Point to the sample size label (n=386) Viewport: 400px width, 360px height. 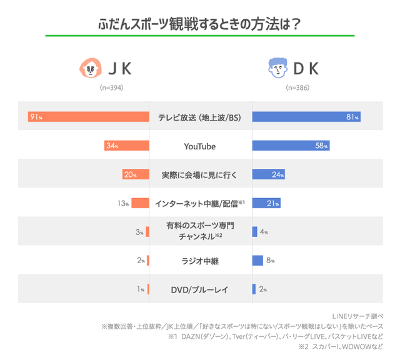[298, 88]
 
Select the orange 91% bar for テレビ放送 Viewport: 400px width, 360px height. [88, 117]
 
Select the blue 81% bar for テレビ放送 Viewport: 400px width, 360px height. [306, 117]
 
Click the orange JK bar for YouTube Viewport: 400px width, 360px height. [126, 146]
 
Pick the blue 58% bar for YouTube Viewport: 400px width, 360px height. [291, 146]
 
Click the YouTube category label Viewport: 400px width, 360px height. [200, 146]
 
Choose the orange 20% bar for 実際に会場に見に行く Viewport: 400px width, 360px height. [135, 174]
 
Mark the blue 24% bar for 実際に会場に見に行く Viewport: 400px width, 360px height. [268, 174]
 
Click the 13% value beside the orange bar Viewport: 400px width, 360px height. [122, 203]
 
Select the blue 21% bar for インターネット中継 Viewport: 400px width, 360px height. [266, 203]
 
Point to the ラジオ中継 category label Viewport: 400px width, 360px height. [200, 261]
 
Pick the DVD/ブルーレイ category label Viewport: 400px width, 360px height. [200, 289]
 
